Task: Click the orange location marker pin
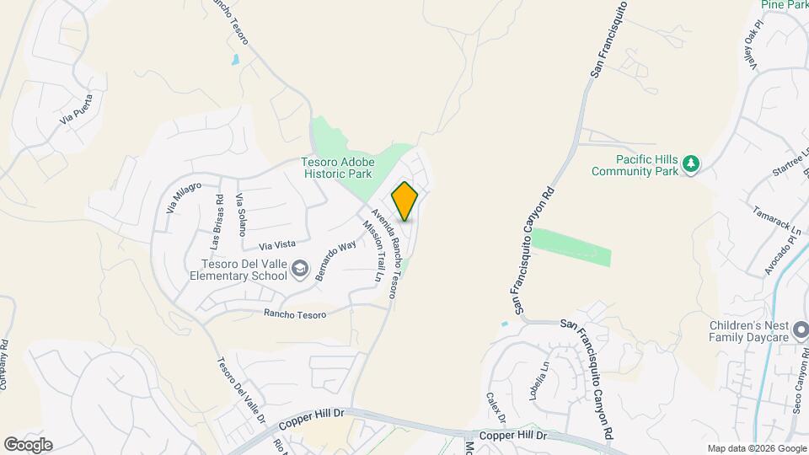tap(404, 201)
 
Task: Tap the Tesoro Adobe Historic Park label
tap(337, 169)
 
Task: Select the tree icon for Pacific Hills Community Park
tap(691, 163)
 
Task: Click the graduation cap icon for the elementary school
tap(299, 268)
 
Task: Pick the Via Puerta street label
tap(77, 109)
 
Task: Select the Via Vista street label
tap(277, 244)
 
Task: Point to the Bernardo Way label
tap(335, 261)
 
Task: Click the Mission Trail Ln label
tap(371, 250)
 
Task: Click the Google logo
tap(28, 445)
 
